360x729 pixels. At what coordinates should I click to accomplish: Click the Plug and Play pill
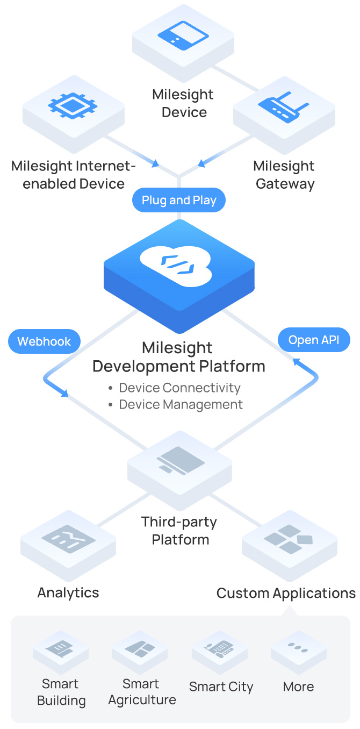(x=179, y=201)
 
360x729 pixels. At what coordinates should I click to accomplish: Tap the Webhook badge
(x=44, y=341)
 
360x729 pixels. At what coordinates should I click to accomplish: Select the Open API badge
(x=314, y=340)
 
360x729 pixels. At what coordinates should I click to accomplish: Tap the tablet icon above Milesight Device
(x=183, y=35)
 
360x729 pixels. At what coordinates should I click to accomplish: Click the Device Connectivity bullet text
(x=179, y=388)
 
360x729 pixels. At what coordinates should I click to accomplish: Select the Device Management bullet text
(x=181, y=404)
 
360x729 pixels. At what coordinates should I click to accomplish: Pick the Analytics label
(x=68, y=592)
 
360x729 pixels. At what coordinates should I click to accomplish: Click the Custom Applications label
(x=286, y=593)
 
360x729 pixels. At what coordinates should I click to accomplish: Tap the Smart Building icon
(x=60, y=647)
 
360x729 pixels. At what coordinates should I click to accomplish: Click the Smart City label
(x=221, y=687)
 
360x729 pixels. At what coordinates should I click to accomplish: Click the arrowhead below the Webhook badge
(x=64, y=394)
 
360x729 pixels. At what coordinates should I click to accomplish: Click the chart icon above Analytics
(x=68, y=538)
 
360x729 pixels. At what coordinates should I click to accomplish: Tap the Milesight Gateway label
(x=284, y=175)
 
